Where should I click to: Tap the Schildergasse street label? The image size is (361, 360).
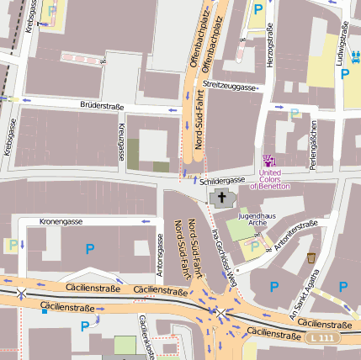pyautogui.click(x=221, y=180)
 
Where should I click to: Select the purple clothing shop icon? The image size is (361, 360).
pyautogui.click(x=269, y=161)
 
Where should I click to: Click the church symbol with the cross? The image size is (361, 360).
pyautogui.click(x=222, y=199)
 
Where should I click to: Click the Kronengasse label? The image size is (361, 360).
pyautogui.click(x=61, y=221)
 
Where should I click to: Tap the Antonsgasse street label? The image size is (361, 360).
pyautogui.click(x=160, y=256)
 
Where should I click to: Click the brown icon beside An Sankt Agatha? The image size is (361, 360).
pyautogui.click(x=312, y=258)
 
